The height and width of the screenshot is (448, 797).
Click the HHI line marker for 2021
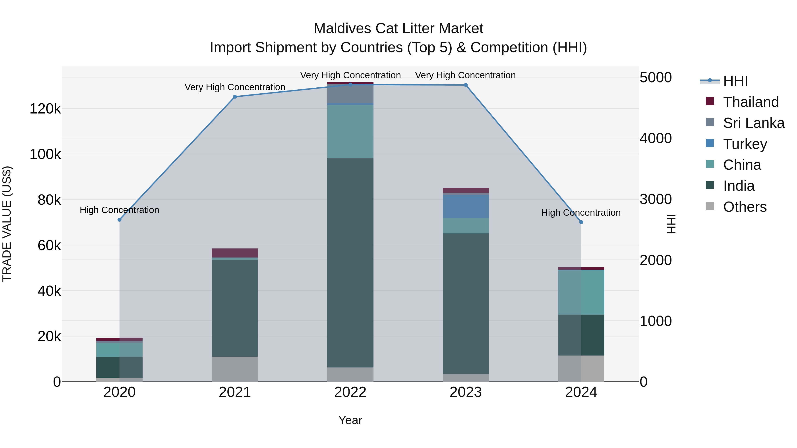[x=235, y=97]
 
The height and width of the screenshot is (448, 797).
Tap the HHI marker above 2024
[x=581, y=222]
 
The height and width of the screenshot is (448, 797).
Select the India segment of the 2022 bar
[x=350, y=263]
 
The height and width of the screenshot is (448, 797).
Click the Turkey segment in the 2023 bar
[x=466, y=206]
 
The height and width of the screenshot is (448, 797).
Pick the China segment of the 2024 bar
[x=581, y=292]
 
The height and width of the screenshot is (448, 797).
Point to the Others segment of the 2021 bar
[x=235, y=369]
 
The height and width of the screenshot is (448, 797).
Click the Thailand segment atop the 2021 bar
[x=235, y=253]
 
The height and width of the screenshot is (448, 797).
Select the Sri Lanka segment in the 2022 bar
[x=350, y=94]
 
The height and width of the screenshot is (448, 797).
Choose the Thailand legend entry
[x=751, y=102]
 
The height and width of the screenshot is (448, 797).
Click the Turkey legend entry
[x=745, y=144]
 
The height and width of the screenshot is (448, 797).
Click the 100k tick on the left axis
[x=45, y=154]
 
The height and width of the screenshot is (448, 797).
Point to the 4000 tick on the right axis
[x=656, y=138]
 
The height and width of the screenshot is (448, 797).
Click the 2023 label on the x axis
[x=466, y=392]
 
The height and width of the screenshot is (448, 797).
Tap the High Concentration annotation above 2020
[x=119, y=210]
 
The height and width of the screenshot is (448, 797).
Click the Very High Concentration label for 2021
[x=235, y=87]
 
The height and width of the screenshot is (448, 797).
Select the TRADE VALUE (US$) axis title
[x=7, y=224]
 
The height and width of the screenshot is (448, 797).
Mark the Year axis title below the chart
[x=350, y=420]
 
